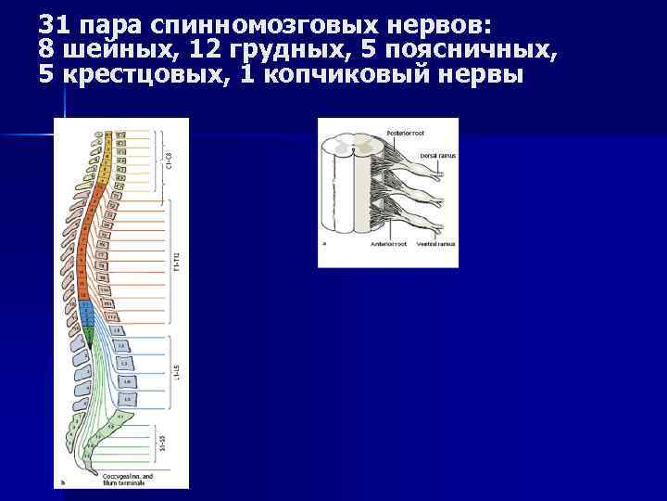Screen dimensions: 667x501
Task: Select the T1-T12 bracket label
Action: coord(176,262)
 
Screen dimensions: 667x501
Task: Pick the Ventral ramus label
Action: coord(434,245)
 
